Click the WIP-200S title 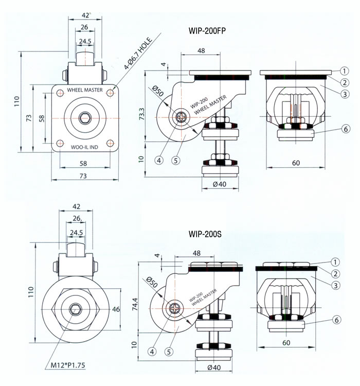tap(205, 234)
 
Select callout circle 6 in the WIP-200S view tap(336, 320)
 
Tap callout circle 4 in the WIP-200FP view tap(159, 160)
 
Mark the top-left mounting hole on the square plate tap(60, 93)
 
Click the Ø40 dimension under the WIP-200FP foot tap(219, 184)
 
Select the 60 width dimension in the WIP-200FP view tap(296, 164)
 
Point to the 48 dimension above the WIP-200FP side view tap(201, 51)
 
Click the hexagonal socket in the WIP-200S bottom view tap(74, 309)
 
